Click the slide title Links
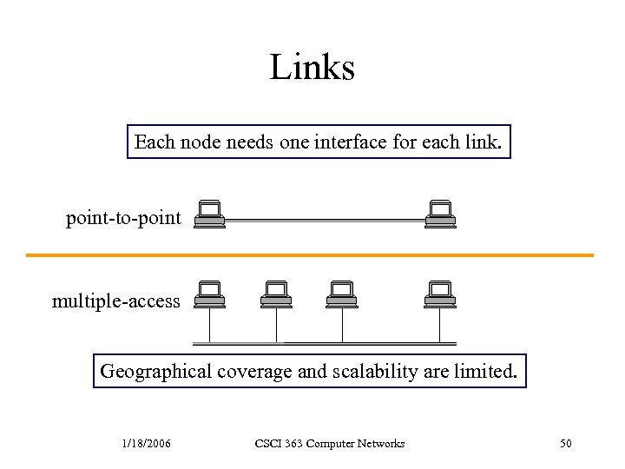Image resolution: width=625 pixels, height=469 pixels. coord(312,67)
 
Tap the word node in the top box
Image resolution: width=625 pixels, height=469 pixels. coord(201,142)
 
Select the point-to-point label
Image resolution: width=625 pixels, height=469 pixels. coord(123,218)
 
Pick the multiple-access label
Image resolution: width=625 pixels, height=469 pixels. coord(116,301)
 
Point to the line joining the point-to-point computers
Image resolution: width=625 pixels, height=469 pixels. coord(325,221)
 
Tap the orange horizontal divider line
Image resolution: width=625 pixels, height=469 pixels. coord(310,255)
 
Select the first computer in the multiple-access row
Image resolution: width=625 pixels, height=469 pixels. coord(209,294)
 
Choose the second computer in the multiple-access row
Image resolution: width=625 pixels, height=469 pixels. coord(276,294)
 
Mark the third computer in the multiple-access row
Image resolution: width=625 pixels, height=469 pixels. coord(342,294)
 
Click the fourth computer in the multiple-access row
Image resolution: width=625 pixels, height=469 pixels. coord(440,294)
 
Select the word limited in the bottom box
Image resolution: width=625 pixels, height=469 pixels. coord(486,372)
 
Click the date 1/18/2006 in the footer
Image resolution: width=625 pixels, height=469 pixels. coord(146,444)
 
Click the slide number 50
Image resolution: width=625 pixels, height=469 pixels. coord(566,444)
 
